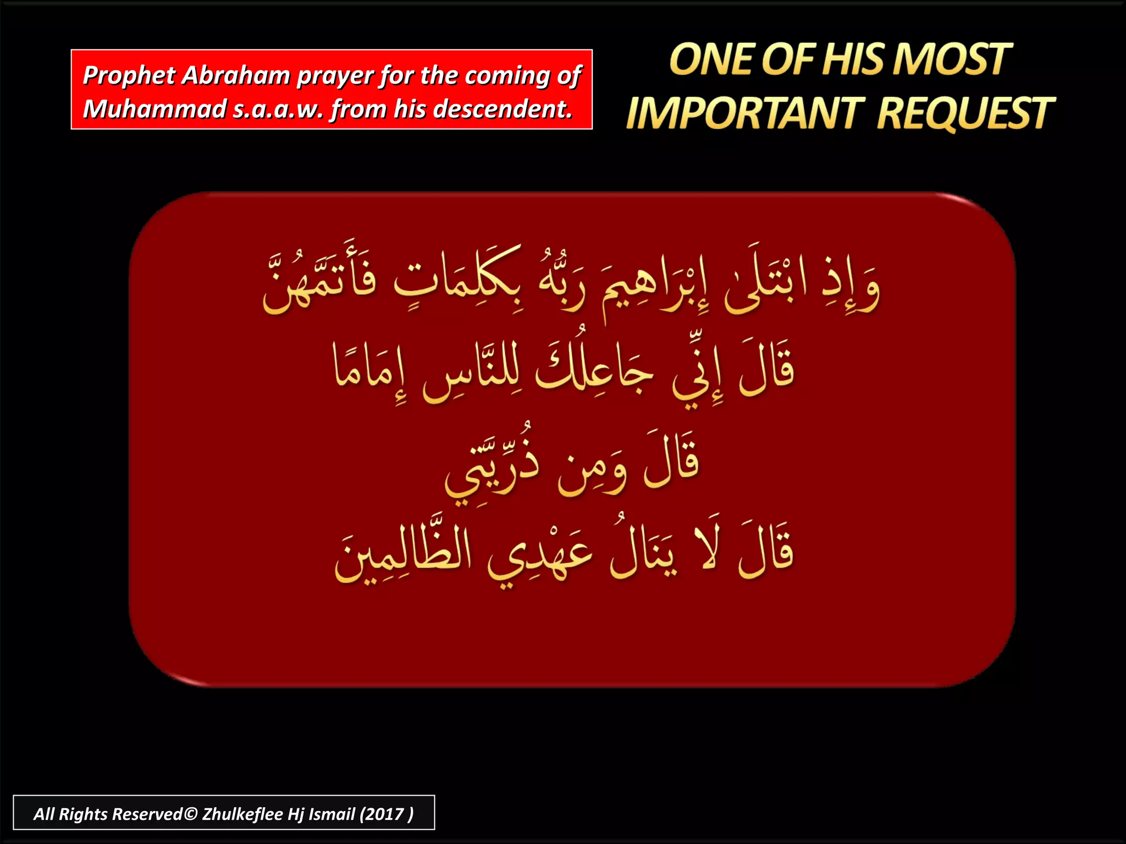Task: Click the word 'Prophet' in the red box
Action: coord(129,76)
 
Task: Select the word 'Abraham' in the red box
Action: coord(236,76)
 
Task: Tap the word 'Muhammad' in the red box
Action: coord(154,109)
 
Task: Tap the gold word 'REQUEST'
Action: coord(965,113)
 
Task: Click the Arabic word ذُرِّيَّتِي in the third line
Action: coord(492,467)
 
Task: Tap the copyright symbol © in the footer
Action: coord(190,814)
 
